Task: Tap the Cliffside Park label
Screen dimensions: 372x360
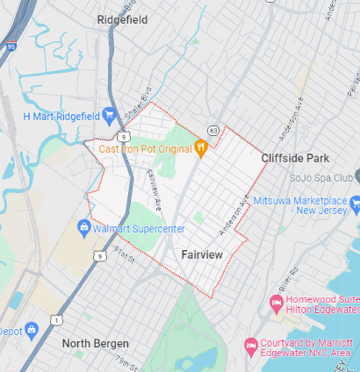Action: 294,158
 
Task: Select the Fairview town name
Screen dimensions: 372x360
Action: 202,254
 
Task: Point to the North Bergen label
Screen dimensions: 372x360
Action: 96,343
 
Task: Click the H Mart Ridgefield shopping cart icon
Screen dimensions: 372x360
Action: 110,115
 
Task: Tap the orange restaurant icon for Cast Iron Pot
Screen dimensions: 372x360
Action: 201,148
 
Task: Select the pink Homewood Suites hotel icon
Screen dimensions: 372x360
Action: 276,303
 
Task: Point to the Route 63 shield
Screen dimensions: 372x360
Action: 213,131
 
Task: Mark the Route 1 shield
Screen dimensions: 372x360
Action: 56,321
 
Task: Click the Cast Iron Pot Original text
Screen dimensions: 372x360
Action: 145,148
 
